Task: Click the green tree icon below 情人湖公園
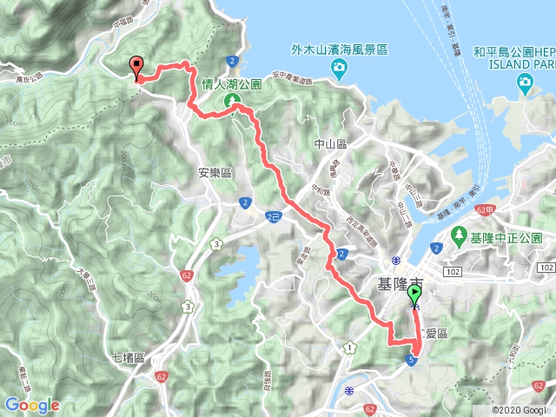232,103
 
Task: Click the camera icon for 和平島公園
525,83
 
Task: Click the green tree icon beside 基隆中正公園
459,236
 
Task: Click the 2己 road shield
275,215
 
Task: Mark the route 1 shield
349,347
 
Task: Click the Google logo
31,405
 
